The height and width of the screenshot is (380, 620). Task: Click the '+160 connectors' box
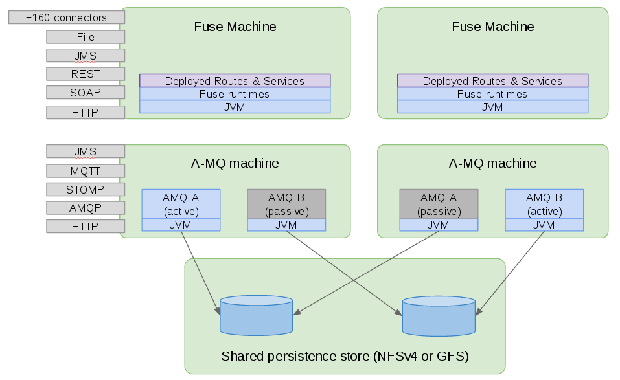pyautogui.click(x=66, y=17)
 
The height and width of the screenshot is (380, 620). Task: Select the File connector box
pyautogui.click(x=85, y=37)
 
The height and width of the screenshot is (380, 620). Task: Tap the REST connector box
pyautogui.click(x=85, y=74)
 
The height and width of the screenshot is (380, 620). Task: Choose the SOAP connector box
pyautogui.click(x=85, y=93)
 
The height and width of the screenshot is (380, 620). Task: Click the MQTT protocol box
pyautogui.click(x=85, y=171)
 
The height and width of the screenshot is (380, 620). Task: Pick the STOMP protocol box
pyautogui.click(x=85, y=190)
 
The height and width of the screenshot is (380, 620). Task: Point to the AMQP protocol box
pyautogui.click(x=85, y=208)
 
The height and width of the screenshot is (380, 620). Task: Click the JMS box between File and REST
pyautogui.click(x=85, y=56)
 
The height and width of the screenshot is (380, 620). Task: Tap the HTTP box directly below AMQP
pyautogui.click(x=85, y=227)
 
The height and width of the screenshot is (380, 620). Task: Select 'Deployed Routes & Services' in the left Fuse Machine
pyautogui.click(x=235, y=81)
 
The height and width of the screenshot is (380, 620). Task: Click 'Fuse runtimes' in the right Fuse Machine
pyautogui.click(x=492, y=94)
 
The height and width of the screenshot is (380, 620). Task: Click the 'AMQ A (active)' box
pyautogui.click(x=181, y=204)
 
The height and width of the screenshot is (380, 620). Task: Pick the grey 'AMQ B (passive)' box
pyautogui.click(x=286, y=204)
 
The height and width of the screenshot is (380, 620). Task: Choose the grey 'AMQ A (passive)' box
pyautogui.click(x=439, y=204)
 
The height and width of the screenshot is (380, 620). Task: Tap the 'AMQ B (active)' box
pyautogui.click(x=544, y=204)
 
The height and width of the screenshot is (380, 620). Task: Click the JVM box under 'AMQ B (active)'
pyautogui.click(x=544, y=225)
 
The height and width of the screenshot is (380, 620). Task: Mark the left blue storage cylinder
pyautogui.click(x=256, y=316)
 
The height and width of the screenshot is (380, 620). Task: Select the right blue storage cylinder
pyautogui.click(x=439, y=316)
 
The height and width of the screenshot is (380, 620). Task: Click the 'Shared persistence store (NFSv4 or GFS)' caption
pyautogui.click(x=345, y=356)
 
